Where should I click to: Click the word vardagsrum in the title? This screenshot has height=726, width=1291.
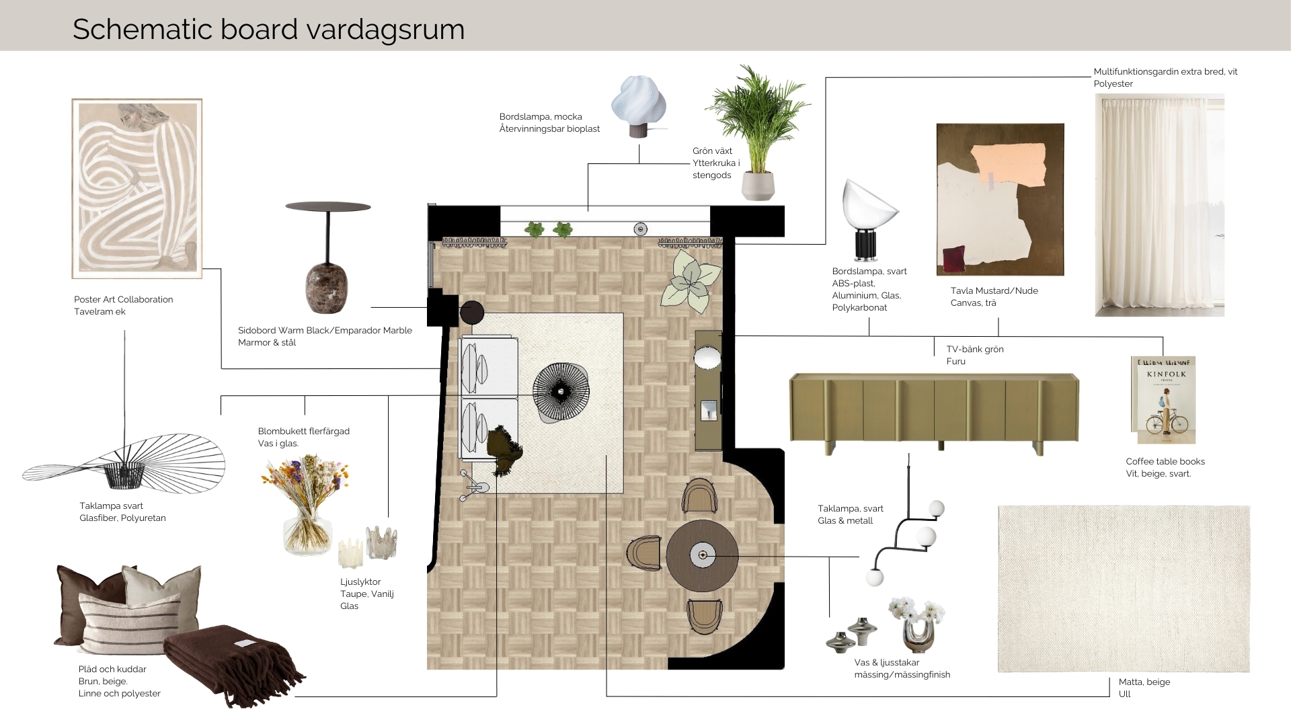click(x=385, y=30)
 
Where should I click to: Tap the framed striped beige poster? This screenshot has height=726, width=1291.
click(x=137, y=189)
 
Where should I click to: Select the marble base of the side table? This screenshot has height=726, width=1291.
click(x=327, y=288)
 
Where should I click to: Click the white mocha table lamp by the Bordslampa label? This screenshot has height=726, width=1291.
click(x=638, y=107)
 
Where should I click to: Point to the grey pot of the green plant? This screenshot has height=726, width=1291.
click(x=758, y=186)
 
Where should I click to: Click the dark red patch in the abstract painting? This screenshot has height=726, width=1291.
click(x=954, y=259)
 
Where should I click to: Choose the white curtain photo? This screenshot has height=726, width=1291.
click(x=1159, y=205)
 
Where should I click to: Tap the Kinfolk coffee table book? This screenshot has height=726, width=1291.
click(x=1163, y=400)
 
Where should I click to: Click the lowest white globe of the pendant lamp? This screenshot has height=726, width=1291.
click(x=875, y=577)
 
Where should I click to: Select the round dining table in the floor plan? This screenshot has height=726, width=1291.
click(x=703, y=556)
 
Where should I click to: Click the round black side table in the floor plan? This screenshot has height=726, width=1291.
click(x=472, y=313)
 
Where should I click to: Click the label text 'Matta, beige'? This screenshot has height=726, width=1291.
click(x=1144, y=682)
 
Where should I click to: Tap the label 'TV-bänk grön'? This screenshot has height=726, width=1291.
click(x=975, y=349)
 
